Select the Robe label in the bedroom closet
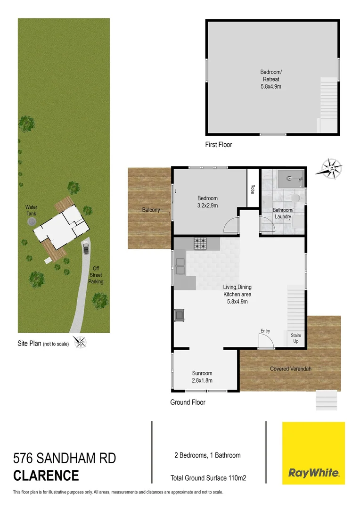pyautogui.click(x=253, y=189)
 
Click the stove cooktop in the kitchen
pyautogui.click(x=200, y=244)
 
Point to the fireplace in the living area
pyautogui.click(x=180, y=314)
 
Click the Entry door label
pyautogui.click(x=265, y=331)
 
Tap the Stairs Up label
pyautogui.click(x=296, y=338)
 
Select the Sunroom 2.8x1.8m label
pyautogui.click(x=202, y=377)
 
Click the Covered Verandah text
pyautogui.click(x=291, y=369)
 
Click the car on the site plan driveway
pyautogui.click(x=85, y=247)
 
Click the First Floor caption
pyautogui.click(x=219, y=145)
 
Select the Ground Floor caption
pyautogui.click(x=188, y=402)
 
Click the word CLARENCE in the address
pyautogui.click(x=46, y=476)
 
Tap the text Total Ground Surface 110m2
pyautogui.click(x=208, y=478)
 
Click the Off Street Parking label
pyautogui.click(x=96, y=275)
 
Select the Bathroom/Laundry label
pyautogui.click(x=283, y=213)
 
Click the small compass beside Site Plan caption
pyautogui.click(x=81, y=342)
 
